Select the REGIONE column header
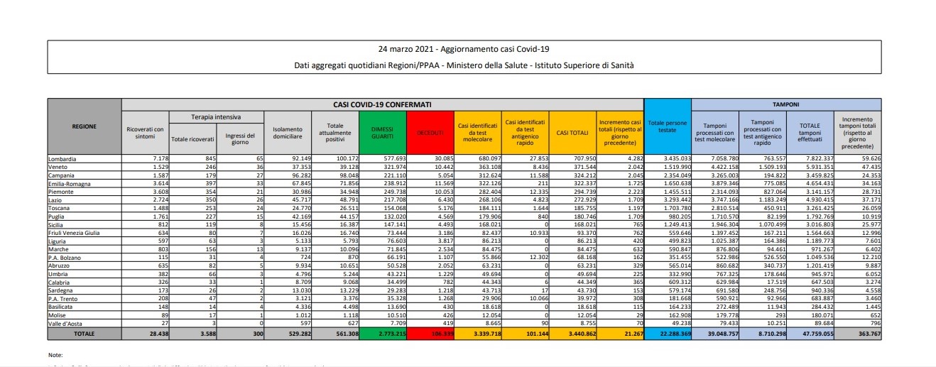pyautogui.click(x=85, y=126)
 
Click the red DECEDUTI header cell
pyautogui.click(x=430, y=131)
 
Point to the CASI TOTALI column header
pyautogui.click(x=570, y=131)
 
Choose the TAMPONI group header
pyautogui.click(x=786, y=104)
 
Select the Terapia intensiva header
pyautogui.click(x=216, y=116)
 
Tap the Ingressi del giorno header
pyautogui.click(x=240, y=136)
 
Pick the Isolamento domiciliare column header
pyautogui.click(x=288, y=131)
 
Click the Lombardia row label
pyautogui.click(x=63, y=159)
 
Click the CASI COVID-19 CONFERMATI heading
pyautogui.click(x=382, y=104)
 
